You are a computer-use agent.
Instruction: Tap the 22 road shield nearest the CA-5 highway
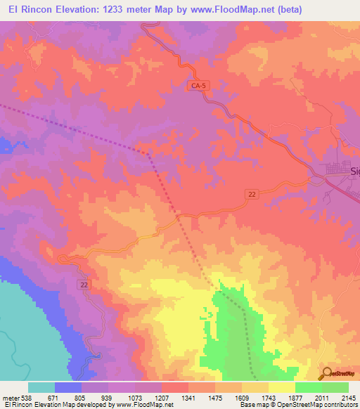click(x=251, y=194)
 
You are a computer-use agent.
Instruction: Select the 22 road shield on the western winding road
click(x=84, y=283)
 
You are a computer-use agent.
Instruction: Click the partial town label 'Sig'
click(x=354, y=171)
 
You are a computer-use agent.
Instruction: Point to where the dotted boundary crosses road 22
click(x=179, y=218)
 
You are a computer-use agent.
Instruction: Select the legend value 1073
click(x=135, y=398)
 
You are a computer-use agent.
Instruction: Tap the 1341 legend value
click(x=188, y=398)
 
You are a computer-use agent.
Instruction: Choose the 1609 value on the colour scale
click(x=242, y=398)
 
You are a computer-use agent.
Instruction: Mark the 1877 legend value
click(x=295, y=398)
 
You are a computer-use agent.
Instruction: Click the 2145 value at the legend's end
click(x=348, y=398)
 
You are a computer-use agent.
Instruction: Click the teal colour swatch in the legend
click(x=41, y=387)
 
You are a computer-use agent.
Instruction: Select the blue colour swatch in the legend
click(x=68, y=387)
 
